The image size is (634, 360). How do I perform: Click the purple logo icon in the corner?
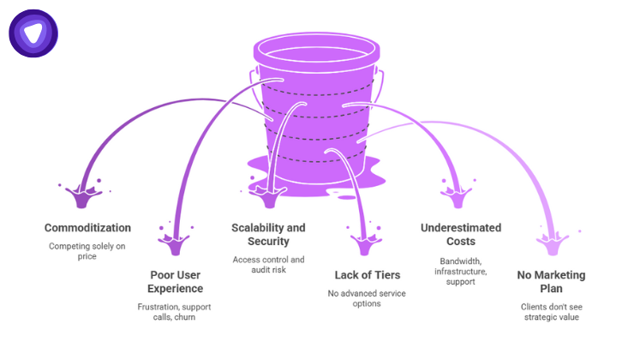pyautogui.click(x=33, y=33)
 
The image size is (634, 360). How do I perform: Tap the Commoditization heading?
pyautogui.click(x=88, y=228)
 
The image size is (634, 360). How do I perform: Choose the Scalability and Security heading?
pyautogui.click(x=268, y=235)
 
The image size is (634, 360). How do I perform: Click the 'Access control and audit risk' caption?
pyautogui.click(x=268, y=265)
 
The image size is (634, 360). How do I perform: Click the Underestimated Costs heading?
pyautogui.click(x=461, y=235)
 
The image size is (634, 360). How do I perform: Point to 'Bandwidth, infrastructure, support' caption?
pyautogui.click(x=461, y=270)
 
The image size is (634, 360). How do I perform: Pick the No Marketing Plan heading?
pyautogui.click(x=552, y=282)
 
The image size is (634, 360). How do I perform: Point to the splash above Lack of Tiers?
pyautogui.click(x=362, y=241)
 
